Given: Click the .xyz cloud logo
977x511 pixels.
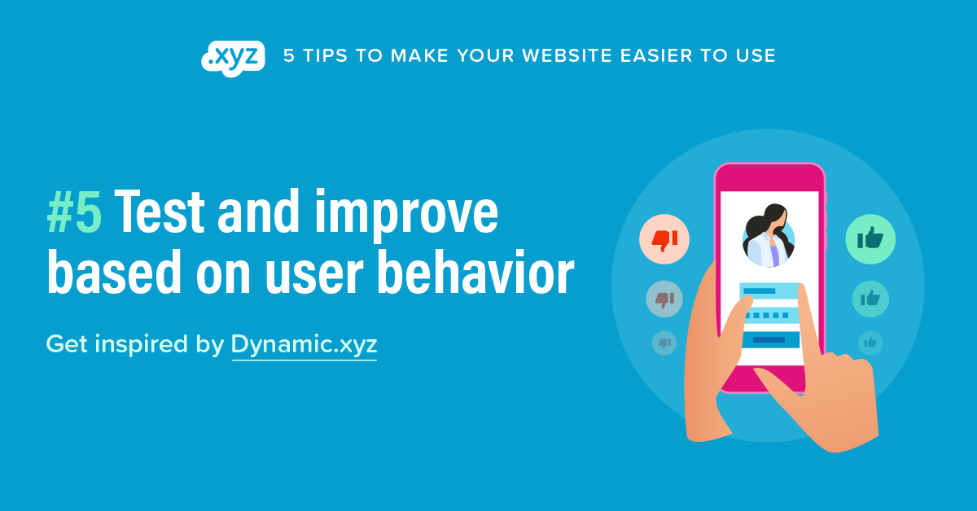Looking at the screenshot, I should [232, 58].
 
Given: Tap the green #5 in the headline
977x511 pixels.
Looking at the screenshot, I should [74, 214].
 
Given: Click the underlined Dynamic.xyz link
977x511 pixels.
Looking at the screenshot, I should [304, 344].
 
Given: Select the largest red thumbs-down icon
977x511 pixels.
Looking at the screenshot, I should [664, 239].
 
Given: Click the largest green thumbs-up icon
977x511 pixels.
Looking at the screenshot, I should [870, 238].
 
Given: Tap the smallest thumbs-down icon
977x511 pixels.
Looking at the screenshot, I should [664, 343].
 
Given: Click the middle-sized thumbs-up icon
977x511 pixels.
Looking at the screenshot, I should [870, 299].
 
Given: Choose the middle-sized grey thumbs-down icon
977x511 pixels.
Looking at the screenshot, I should [664, 299].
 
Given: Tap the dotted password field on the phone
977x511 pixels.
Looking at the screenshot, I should [769, 315].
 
